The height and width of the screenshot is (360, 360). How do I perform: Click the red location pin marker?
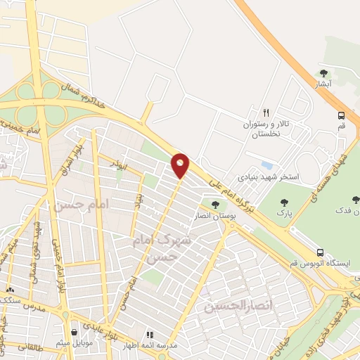point(181,165)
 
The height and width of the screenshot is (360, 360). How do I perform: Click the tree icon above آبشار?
point(323,72)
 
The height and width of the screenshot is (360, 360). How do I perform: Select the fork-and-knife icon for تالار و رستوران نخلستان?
point(266,112)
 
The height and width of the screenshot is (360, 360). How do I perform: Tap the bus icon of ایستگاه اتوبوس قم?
point(320,252)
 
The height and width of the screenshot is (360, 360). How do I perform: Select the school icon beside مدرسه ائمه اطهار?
point(149,335)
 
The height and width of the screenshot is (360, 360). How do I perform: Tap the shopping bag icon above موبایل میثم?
point(75,333)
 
